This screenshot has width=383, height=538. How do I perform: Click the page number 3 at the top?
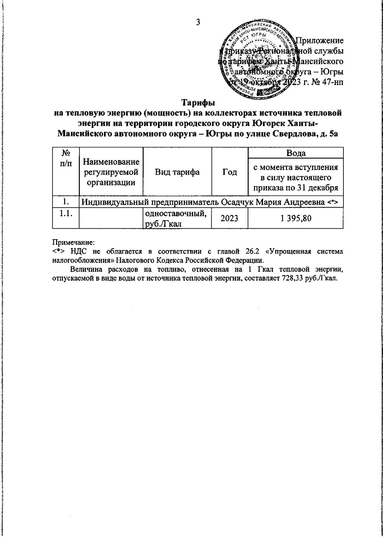coord(198,22)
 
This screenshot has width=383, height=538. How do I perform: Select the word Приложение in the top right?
coord(320,41)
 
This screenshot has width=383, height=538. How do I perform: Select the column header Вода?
coord(296,153)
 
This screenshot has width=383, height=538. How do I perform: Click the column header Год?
coord(229,172)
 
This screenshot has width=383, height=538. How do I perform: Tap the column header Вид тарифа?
coord(177,172)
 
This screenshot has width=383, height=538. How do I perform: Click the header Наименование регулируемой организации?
coord(111,173)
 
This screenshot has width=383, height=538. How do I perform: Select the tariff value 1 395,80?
coord(296,218)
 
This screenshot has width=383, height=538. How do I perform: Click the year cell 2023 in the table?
coord(229,218)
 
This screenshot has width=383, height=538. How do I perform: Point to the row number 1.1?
coord(66,214)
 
